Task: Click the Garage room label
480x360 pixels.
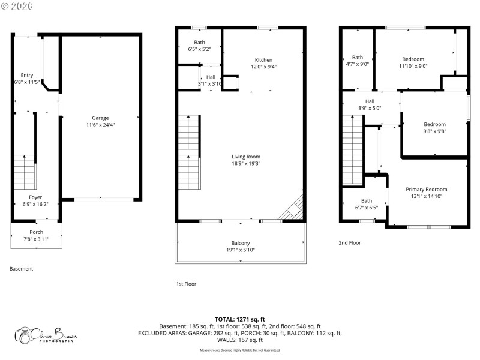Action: click(100, 118)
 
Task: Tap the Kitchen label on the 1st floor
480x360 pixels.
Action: click(263, 60)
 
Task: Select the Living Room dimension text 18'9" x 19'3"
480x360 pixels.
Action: click(246, 163)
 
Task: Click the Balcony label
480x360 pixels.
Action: click(241, 242)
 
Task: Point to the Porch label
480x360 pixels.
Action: click(36, 232)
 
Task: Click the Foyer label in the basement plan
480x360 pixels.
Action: click(36, 197)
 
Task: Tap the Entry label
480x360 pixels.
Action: click(27, 75)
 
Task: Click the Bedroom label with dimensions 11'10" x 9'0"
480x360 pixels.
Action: click(413, 59)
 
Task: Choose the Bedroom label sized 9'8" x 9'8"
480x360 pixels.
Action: click(435, 124)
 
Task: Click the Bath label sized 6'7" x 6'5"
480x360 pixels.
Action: click(366, 201)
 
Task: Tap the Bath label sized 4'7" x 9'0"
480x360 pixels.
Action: click(358, 58)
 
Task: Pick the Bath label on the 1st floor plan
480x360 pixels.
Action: click(199, 42)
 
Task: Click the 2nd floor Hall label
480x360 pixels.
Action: click(370, 101)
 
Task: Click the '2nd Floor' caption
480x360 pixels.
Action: click(350, 243)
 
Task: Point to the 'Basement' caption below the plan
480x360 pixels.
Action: click(22, 269)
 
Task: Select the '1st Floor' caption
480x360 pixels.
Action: click(186, 284)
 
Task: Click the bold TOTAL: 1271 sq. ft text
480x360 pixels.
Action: click(240, 319)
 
